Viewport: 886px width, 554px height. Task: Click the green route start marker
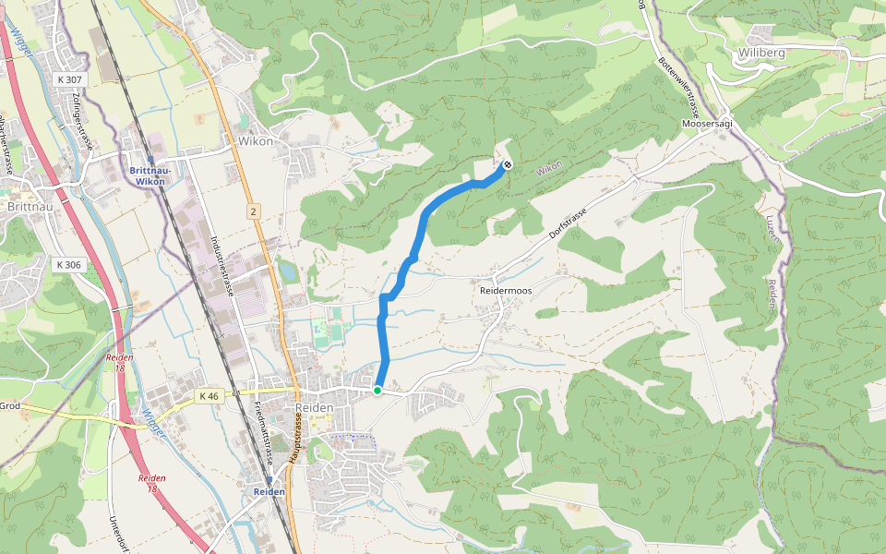click(377, 391)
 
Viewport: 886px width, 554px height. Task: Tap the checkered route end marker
click(507, 166)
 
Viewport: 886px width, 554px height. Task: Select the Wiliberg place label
click(761, 53)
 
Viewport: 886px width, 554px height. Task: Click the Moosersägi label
click(706, 124)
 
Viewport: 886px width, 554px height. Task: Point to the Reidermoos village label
click(506, 290)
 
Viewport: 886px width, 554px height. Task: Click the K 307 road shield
click(67, 80)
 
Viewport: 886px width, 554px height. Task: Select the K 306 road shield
click(67, 264)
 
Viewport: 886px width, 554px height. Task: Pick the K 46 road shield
click(209, 396)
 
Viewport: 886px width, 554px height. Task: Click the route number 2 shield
click(253, 211)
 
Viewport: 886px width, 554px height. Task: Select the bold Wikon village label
click(255, 142)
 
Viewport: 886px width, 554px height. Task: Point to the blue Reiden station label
click(269, 492)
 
